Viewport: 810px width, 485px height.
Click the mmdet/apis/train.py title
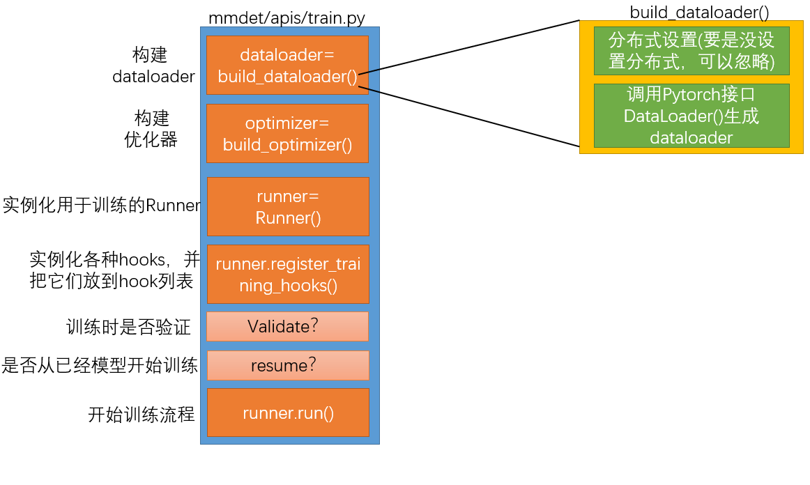pos(286,18)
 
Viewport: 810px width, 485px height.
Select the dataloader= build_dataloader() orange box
pos(287,66)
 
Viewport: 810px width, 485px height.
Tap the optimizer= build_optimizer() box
pos(287,134)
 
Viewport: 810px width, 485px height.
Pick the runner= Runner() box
pos(288,207)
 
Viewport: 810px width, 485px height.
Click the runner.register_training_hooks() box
pos(288,275)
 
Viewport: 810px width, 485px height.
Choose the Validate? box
pos(287,326)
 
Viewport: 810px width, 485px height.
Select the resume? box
pos(288,365)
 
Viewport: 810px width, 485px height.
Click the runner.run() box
pos(288,413)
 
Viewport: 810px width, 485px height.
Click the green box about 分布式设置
pos(691,51)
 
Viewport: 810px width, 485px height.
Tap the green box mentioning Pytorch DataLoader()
pos(691,116)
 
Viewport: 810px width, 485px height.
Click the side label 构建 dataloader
pos(153,66)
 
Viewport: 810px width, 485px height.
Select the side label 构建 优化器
pos(151,129)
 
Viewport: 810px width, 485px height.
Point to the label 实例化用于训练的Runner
pos(102,206)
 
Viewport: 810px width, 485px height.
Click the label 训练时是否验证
pos(128,327)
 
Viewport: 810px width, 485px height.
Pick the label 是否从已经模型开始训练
pos(100,365)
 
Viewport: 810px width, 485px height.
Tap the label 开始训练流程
pos(140,415)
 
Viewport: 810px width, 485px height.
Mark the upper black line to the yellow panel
pos(468,46)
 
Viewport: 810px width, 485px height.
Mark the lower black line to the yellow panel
pos(468,116)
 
